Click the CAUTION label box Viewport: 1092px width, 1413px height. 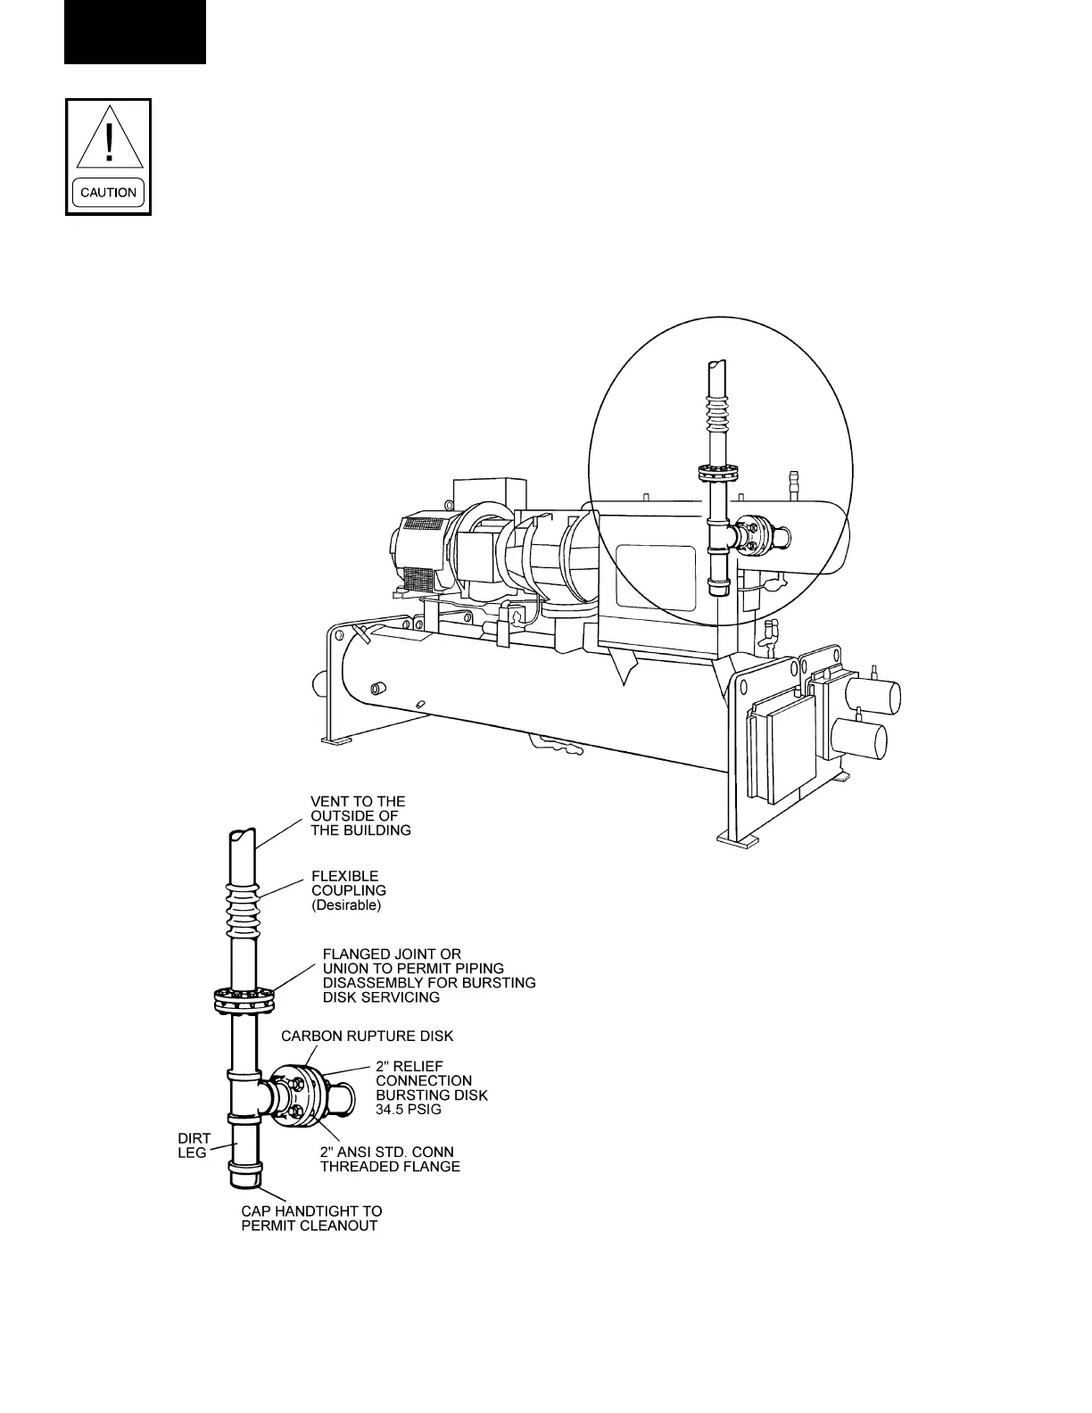point(108,192)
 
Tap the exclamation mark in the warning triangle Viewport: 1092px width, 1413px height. point(109,142)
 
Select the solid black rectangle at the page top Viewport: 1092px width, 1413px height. point(135,31)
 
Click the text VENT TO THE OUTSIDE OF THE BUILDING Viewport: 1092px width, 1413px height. point(360,815)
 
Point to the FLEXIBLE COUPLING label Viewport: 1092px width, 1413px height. point(348,883)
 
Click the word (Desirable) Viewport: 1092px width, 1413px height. point(345,905)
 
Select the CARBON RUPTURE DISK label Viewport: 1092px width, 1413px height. point(367,1036)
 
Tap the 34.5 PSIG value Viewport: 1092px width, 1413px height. point(408,1110)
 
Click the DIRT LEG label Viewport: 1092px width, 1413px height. point(192,1145)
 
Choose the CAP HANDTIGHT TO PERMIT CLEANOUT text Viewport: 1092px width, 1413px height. point(311,1218)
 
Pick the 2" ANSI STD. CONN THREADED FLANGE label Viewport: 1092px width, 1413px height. point(390,1159)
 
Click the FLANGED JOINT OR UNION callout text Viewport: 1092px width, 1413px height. point(428,975)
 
